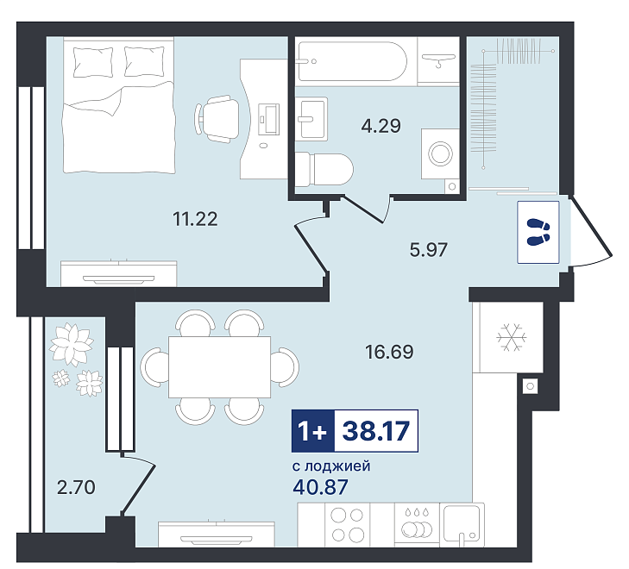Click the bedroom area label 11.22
195,219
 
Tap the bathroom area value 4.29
381,126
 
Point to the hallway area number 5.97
428,250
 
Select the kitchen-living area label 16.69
389,352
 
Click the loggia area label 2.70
76,487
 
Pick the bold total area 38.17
376,431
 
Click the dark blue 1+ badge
313,431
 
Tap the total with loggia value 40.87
320,487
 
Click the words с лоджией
331,466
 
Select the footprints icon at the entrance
538,232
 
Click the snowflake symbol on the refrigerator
512,337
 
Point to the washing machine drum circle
440,153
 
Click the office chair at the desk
217,119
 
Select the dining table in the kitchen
219,367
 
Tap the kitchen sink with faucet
462,525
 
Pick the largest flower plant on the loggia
72,344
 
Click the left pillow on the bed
93,62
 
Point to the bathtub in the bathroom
352,62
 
